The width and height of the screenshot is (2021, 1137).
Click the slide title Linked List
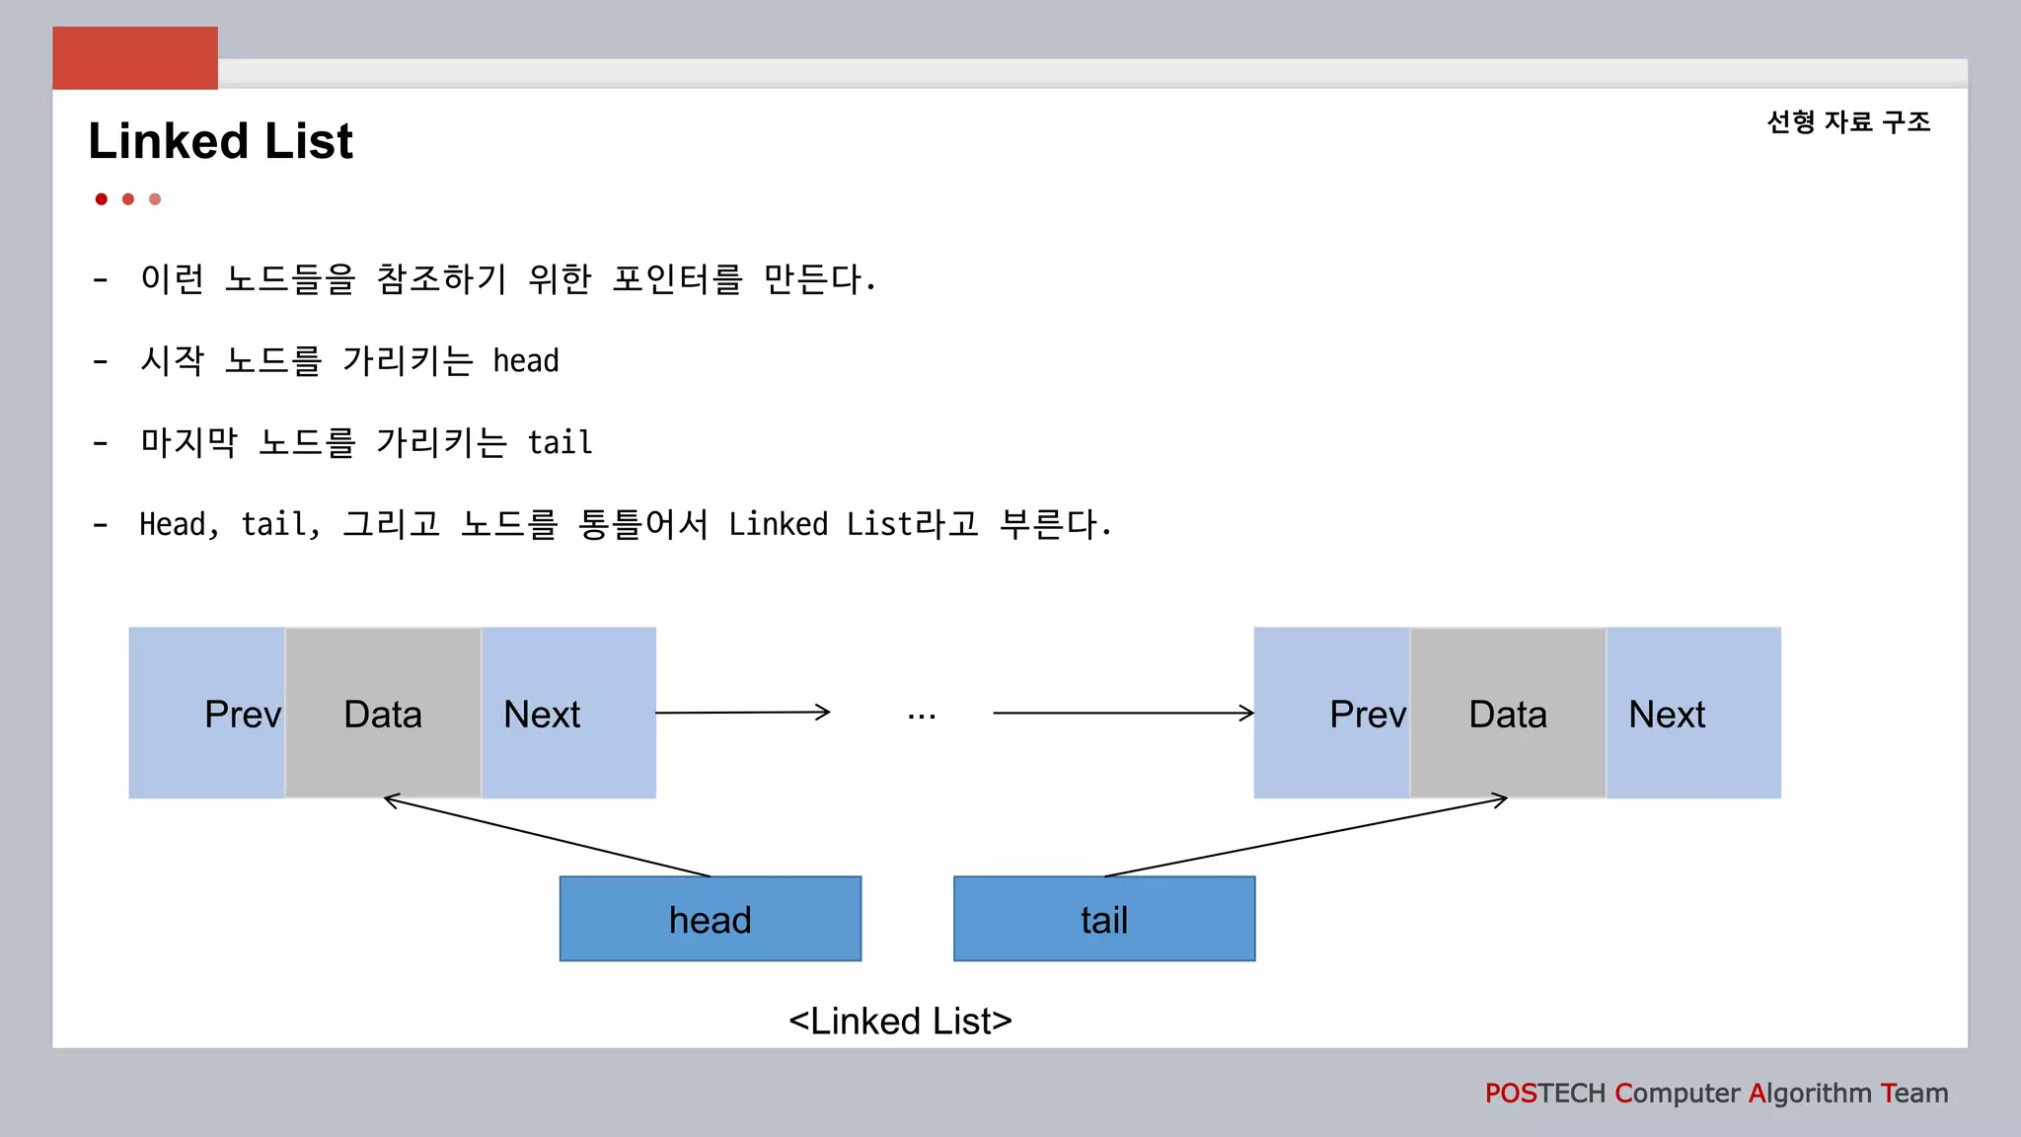tap(220, 141)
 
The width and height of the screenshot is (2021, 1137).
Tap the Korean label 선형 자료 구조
tap(1847, 122)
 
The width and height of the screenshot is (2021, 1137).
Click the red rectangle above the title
tap(135, 58)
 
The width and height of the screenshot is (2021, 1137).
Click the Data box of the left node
tap(383, 713)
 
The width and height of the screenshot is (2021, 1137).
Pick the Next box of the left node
tap(567, 713)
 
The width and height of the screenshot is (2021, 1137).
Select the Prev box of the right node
tap(1332, 713)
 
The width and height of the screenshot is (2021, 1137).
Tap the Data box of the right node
tap(1507, 713)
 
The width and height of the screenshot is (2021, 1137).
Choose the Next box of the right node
tap(1692, 713)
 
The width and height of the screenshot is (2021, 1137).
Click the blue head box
tap(710, 919)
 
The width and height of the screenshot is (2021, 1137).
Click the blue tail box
tap(1103, 919)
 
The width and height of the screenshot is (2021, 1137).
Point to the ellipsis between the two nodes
tap(922, 716)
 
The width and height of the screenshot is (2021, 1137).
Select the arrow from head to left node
tap(548, 837)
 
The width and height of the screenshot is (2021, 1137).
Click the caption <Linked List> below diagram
tap(900, 1021)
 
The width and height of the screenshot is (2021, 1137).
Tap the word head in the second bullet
tap(526, 361)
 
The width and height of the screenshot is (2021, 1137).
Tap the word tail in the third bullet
tap(560, 443)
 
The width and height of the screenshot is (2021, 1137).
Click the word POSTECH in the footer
tap(1544, 1094)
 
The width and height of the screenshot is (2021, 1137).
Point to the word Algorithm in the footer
tap(1810, 1094)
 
